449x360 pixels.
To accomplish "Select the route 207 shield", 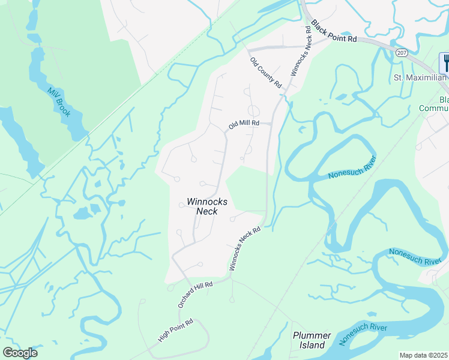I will tap(402, 53).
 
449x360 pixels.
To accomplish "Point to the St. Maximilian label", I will tap(420, 78).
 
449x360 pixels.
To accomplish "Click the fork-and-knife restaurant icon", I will tap(445, 62).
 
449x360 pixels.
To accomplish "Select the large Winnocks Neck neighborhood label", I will tap(207, 206).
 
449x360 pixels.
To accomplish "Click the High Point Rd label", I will tap(175, 330).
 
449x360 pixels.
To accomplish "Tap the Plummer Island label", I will tap(312, 340).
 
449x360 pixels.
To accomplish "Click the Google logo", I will tap(20, 353).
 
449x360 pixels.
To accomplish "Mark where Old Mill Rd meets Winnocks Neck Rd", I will tap(270, 124).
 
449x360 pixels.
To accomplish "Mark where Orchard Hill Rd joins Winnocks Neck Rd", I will tap(230, 277).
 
